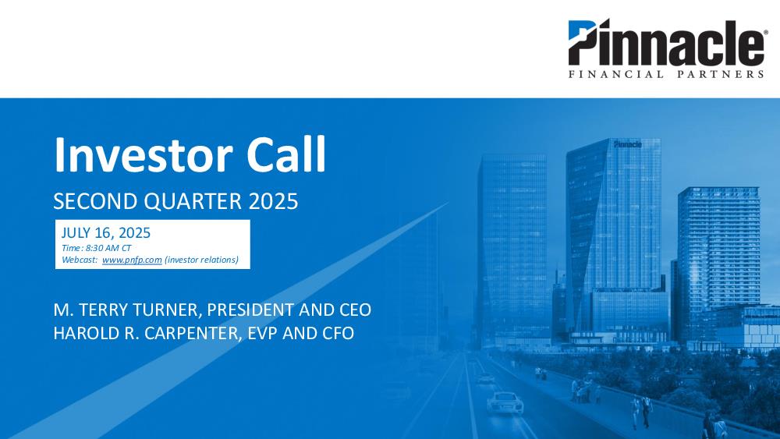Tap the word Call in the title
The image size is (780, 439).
pos(286,154)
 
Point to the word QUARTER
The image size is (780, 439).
pos(193,201)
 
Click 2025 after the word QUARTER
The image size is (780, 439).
pos(273,201)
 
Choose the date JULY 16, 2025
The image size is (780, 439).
pos(106,232)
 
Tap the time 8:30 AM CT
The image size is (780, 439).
pos(108,248)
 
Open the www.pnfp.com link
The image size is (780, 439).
pos(133,260)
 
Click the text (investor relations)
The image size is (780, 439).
pos(201,260)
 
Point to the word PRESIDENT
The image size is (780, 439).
pos(250,310)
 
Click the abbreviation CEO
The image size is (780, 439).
pos(355,310)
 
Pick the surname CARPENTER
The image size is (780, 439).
pos(193,333)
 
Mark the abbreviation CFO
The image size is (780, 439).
pos(339,333)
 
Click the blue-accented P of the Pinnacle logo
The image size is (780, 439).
pos(583,42)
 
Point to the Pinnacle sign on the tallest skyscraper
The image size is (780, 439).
pos(628,144)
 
